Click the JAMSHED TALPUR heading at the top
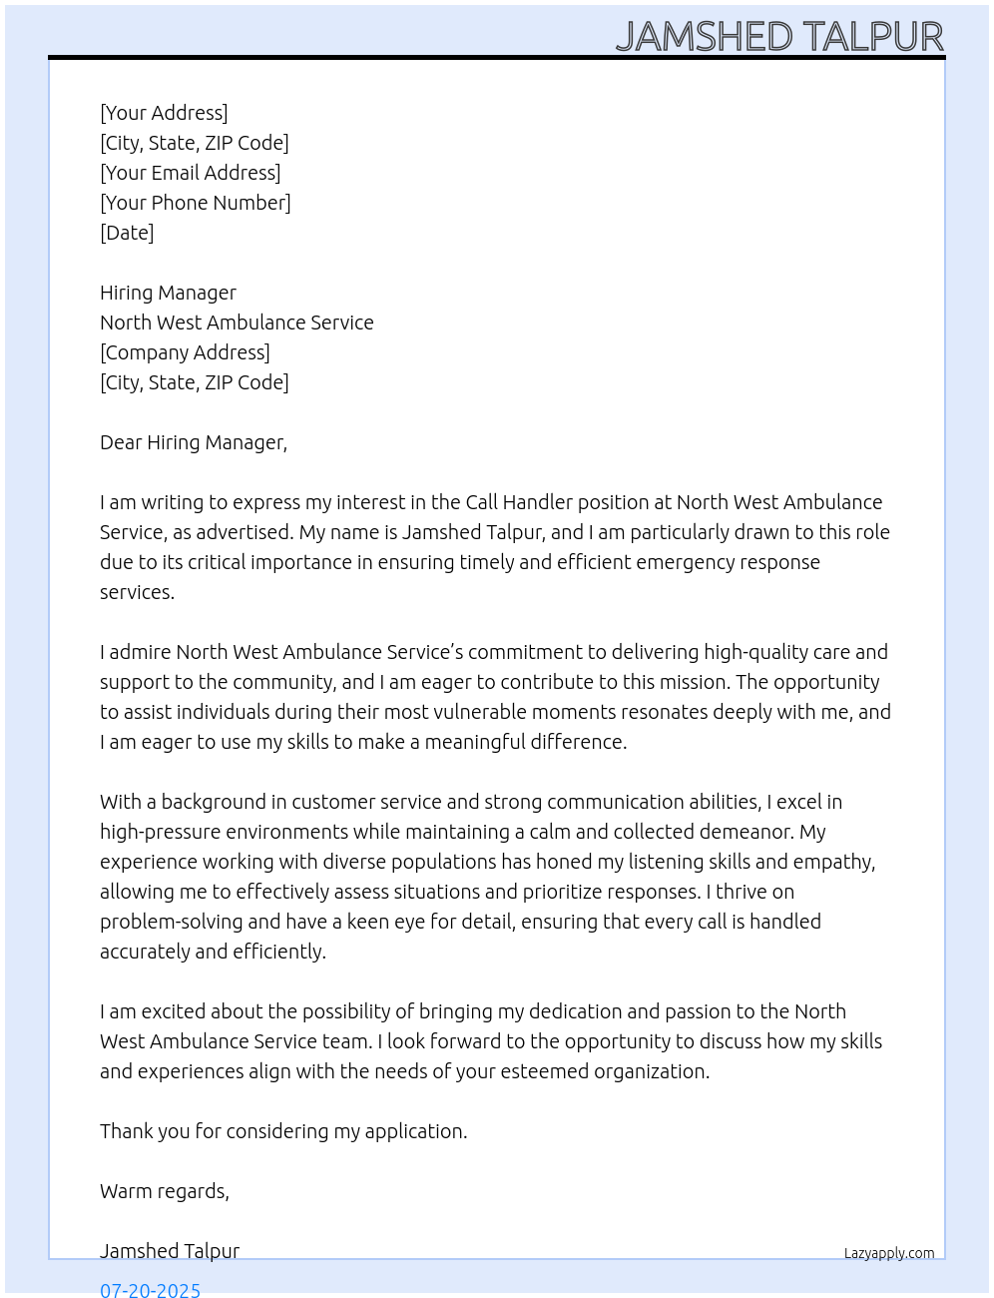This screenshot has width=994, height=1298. coord(779,37)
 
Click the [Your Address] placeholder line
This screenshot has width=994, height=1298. coord(164,113)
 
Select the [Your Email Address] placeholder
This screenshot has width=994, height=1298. coord(190,173)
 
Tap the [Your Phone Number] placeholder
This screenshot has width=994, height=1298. coord(195,203)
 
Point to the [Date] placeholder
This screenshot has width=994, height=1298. coord(127,233)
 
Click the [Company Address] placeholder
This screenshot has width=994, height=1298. coord(185,352)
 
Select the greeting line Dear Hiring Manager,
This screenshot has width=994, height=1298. coord(194,442)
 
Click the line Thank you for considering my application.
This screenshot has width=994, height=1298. coord(283,1131)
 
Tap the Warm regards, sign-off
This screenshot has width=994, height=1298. coord(165,1191)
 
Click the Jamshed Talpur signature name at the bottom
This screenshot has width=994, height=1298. coord(170,1251)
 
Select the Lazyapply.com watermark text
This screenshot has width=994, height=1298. coord(889,1253)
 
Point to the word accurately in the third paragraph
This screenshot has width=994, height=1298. coord(145,952)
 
